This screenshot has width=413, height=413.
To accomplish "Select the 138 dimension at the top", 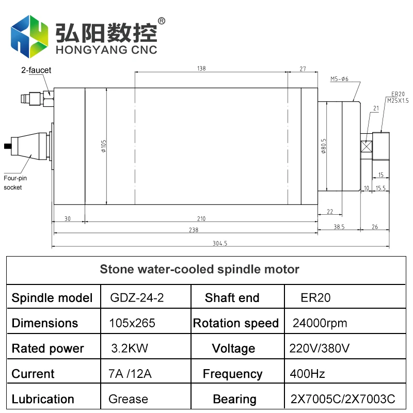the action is (201, 68).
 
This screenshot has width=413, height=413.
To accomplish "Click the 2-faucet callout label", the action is (36, 70).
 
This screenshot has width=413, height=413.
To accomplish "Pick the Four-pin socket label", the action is (15, 183).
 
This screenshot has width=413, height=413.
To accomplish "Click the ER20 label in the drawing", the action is (398, 93).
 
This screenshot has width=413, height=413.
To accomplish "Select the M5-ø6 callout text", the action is (340, 79).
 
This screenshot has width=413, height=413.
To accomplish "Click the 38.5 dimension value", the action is (339, 227).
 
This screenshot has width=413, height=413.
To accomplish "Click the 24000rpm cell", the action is (320, 323).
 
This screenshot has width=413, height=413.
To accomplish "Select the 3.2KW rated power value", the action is (130, 348).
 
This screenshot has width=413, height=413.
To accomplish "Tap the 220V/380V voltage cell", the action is (320, 348).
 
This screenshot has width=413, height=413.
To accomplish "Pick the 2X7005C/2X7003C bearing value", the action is (343, 399).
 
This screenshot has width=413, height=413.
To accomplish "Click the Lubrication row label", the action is (43, 399).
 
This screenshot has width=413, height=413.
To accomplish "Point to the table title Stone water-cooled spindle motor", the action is (199, 269).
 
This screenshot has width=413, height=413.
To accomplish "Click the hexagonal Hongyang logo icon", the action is (30, 37).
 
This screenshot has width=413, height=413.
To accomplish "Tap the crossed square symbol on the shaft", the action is (367, 147).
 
